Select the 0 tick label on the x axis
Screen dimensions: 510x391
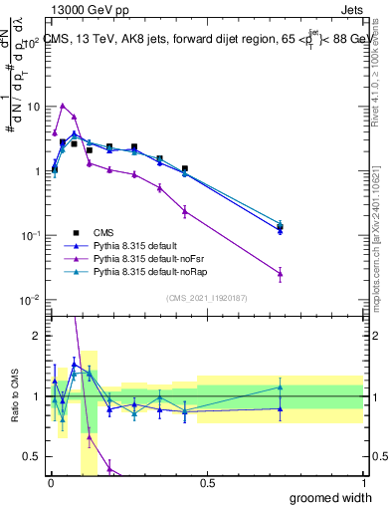51,483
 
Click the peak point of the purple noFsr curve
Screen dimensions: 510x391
63,105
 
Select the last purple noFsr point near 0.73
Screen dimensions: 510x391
281,273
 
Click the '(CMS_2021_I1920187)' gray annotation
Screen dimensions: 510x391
206,298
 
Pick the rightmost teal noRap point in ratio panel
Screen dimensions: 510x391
281,387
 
